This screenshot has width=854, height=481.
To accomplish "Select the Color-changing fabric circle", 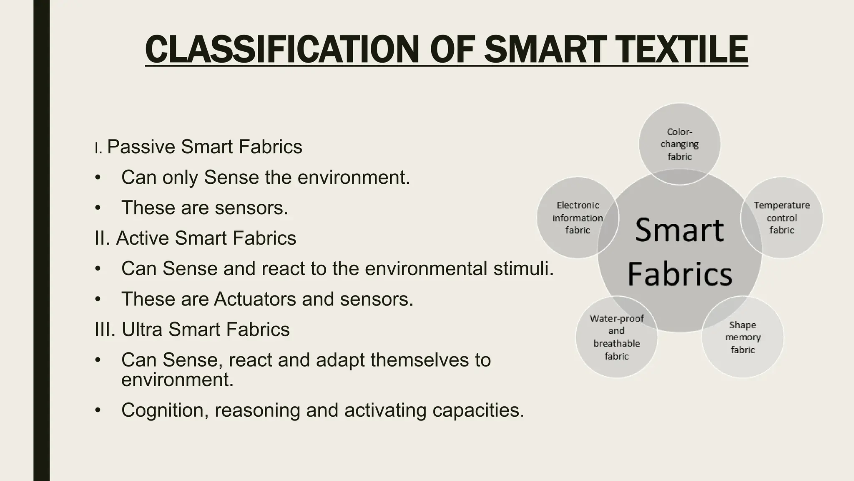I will coord(679,144).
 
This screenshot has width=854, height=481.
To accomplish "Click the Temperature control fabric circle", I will coord(781,218).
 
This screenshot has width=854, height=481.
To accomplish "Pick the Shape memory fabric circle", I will coord(743,337).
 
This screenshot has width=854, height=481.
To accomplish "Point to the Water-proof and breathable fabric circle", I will coord(616,337).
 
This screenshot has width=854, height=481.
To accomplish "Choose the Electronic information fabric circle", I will coord(578,218).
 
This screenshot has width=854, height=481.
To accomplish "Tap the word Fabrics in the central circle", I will coord(680,274).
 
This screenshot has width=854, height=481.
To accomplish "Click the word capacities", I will coord(478,410).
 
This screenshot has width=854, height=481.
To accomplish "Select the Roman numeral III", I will coord(105,329).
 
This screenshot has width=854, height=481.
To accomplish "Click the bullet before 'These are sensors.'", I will coord(98,208).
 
